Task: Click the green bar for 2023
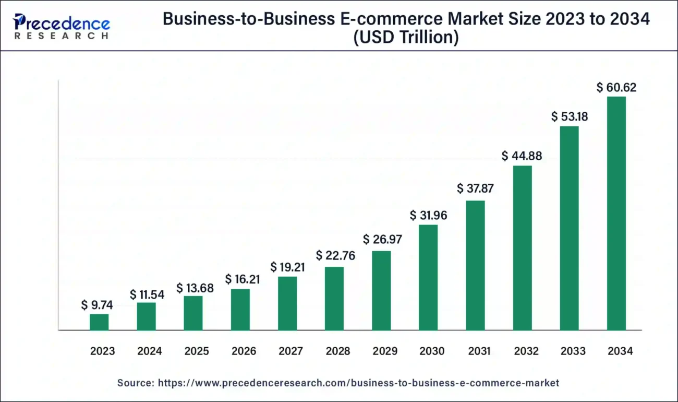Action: pyautogui.click(x=99, y=322)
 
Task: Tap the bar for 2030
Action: pyautogui.click(x=428, y=277)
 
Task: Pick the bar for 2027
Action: pyautogui.click(x=287, y=303)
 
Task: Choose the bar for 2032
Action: pyautogui.click(x=522, y=248)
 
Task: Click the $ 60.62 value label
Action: pyautogui.click(x=616, y=88)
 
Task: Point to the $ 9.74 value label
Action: pyautogui.click(x=97, y=305)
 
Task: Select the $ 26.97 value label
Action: pyautogui.click(x=382, y=240)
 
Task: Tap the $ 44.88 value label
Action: pyautogui.click(x=522, y=156)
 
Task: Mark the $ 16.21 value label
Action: pyautogui.click(x=243, y=279)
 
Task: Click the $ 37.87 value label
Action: pyautogui.click(x=475, y=188)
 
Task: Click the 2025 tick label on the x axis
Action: pyautogui.click(x=197, y=351)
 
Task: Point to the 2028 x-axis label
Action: pyautogui.click(x=337, y=351)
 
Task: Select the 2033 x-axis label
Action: pyautogui.click(x=573, y=351)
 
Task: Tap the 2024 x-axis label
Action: pyautogui.click(x=150, y=351)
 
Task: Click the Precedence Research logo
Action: pyautogui.click(x=62, y=26)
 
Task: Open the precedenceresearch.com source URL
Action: pyautogui.click(x=358, y=383)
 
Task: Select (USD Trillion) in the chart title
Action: pyautogui.click(x=406, y=38)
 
